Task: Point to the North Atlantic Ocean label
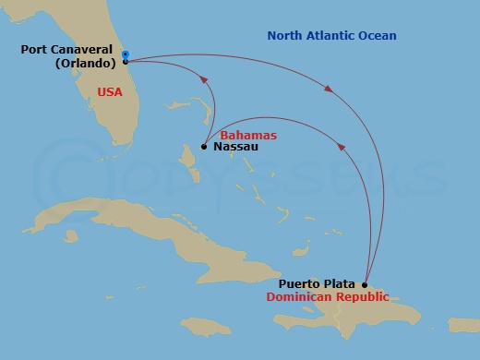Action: click(x=331, y=36)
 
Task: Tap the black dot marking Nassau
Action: click(x=204, y=146)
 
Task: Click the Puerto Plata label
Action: click(x=319, y=284)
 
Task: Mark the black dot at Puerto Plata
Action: click(x=365, y=285)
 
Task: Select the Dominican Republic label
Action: click(x=327, y=297)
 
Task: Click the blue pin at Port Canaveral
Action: click(x=125, y=54)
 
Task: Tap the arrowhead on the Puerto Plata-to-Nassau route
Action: click(x=343, y=146)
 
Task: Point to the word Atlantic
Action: click(x=340, y=36)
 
